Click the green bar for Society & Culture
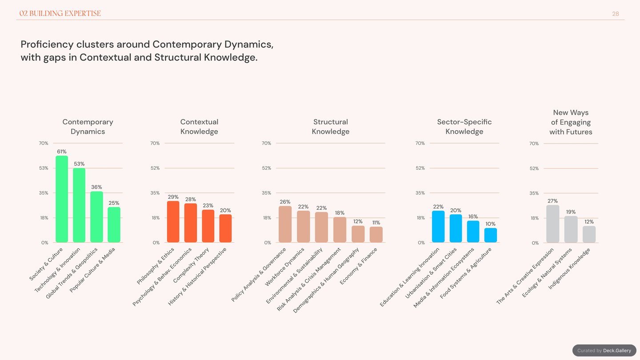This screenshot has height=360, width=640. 62,199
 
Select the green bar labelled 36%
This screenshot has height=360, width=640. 96,217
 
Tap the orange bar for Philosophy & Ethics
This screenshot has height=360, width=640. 173,222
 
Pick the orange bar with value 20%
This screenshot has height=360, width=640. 225,228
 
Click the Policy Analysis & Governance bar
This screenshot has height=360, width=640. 285,224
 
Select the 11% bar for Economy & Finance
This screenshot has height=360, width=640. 376,235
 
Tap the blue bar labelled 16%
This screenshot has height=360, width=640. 473,232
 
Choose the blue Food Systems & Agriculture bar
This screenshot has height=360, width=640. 491,235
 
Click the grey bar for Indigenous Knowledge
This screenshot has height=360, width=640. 589,234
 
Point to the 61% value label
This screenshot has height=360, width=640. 62,152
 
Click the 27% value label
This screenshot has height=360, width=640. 552,201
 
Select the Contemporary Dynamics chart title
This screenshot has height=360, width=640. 88,127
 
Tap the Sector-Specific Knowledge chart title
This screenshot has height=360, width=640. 464,127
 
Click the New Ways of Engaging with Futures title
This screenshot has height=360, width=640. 571,122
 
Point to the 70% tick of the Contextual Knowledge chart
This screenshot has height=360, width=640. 155,143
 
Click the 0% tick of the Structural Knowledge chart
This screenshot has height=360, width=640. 268,243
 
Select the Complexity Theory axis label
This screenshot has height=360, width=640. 191,265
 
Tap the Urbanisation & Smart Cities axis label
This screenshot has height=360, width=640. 431,273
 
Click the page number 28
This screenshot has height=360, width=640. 616,14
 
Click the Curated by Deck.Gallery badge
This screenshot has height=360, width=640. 604,351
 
